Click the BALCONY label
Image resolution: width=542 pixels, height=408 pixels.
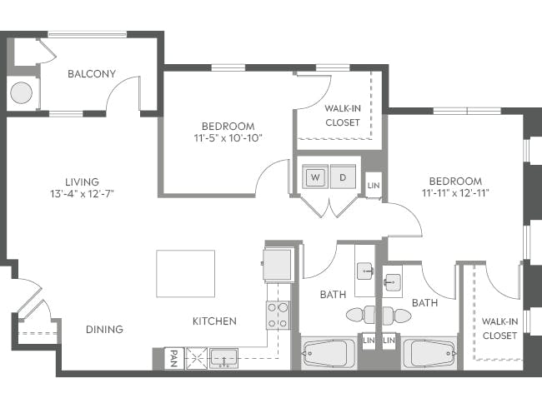92,73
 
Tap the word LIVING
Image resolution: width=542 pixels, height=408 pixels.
83,182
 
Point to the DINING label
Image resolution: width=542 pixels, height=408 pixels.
104,329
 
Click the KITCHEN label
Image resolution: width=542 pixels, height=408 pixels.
214,321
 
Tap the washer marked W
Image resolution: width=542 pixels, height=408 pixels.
315,177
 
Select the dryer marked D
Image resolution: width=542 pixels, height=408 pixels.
342,177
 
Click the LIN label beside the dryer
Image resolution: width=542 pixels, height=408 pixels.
374,185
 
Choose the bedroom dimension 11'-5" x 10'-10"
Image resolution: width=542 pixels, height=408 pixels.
228,138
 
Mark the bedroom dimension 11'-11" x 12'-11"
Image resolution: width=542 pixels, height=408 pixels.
455,194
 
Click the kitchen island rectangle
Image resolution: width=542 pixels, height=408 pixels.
185,273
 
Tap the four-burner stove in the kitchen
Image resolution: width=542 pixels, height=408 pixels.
278,314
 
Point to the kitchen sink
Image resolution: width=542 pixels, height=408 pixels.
223,358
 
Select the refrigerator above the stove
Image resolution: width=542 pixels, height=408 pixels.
278,265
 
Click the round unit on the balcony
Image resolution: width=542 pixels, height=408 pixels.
22,93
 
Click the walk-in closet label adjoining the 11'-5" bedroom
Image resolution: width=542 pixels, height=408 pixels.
342,115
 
